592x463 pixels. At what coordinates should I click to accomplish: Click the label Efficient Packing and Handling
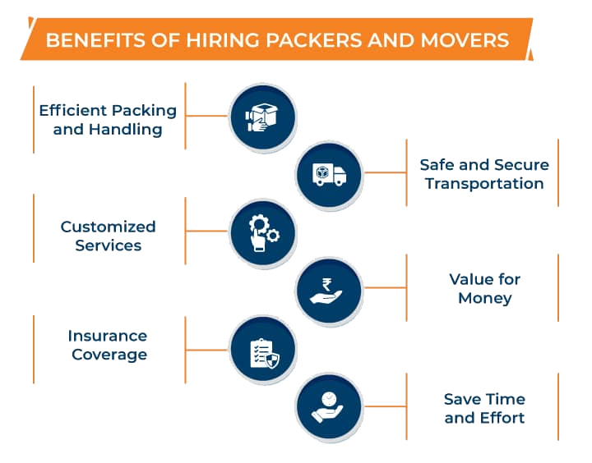click(108, 119)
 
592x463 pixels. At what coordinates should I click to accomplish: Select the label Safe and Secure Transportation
click(483, 174)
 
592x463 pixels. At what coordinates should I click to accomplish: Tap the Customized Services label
click(108, 236)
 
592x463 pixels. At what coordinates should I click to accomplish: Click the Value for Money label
click(484, 288)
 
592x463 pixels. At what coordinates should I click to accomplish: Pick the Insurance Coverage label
click(108, 346)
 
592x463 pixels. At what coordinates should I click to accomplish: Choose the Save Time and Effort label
click(484, 408)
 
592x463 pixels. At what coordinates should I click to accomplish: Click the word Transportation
click(483, 184)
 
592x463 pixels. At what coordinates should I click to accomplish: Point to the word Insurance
click(108, 336)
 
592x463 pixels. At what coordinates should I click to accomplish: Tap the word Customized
click(108, 226)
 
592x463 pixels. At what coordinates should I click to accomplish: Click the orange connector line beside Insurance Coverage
click(207, 350)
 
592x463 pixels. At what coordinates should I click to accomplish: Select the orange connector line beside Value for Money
click(385, 287)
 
